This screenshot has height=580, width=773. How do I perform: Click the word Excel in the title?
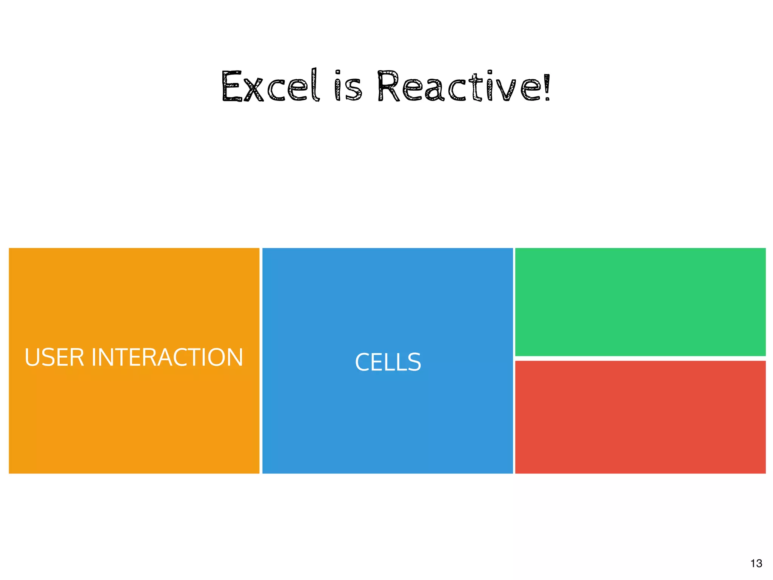tap(270, 87)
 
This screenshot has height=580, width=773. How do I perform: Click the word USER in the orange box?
tap(54, 357)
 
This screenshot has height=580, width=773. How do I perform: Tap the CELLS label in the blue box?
tap(388, 362)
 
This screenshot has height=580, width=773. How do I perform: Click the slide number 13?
tap(756, 563)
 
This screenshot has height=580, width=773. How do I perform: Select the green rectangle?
tap(640, 302)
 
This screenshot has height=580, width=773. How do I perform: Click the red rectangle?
tap(640, 417)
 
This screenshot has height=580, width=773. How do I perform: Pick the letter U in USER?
tap(32, 357)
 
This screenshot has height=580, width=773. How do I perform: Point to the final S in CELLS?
tap(414, 362)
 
